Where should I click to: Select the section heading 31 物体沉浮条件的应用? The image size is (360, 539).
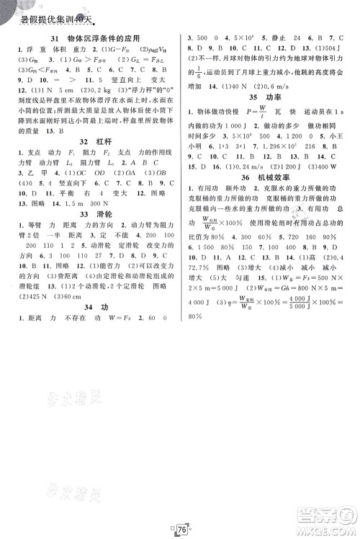91,37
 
